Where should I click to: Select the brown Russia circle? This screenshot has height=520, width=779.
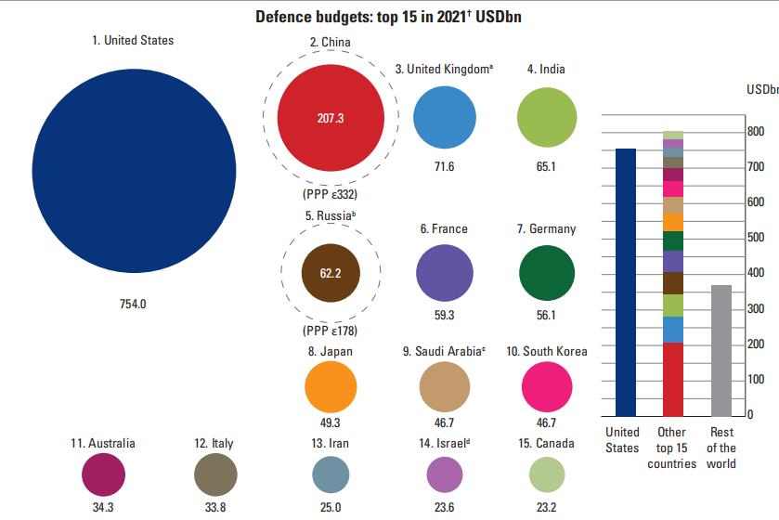pos(331,274)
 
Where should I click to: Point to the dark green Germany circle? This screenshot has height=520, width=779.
pos(547,274)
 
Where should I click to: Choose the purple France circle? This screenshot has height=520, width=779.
pos(444,274)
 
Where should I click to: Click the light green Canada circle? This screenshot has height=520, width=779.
pos(547,474)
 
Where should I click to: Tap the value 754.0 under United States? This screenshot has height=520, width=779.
pos(134,304)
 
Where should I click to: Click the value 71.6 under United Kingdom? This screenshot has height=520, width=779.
pos(444,166)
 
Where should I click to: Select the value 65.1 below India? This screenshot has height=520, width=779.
pos(546,166)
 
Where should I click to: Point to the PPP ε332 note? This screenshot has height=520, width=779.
pos(331,195)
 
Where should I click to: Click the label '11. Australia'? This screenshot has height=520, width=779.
pos(103,443)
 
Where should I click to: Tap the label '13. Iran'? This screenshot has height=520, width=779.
pos(331,443)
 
